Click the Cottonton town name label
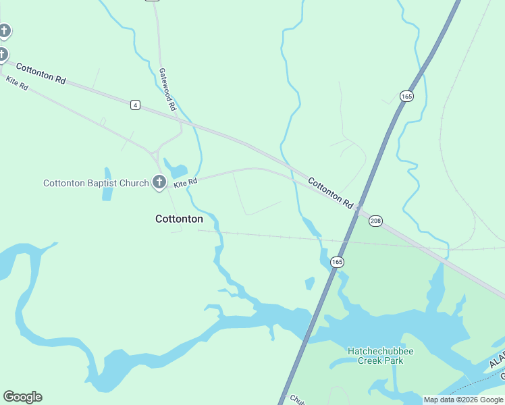(179, 219)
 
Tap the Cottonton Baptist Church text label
(96, 183)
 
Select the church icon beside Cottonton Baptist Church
(159, 182)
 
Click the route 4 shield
(136, 105)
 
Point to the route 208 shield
(376, 221)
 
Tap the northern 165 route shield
(406, 97)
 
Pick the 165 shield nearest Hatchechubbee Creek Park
(337, 261)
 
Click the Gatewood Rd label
(167, 88)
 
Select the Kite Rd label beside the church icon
(185, 183)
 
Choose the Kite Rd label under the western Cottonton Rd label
(17, 84)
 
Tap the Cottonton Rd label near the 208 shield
(331, 192)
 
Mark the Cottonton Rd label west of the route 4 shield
(41, 73)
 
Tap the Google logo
(22, 397)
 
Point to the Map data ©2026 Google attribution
(463, 400)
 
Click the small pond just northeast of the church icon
(175, 171)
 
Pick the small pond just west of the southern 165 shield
(309, 283)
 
